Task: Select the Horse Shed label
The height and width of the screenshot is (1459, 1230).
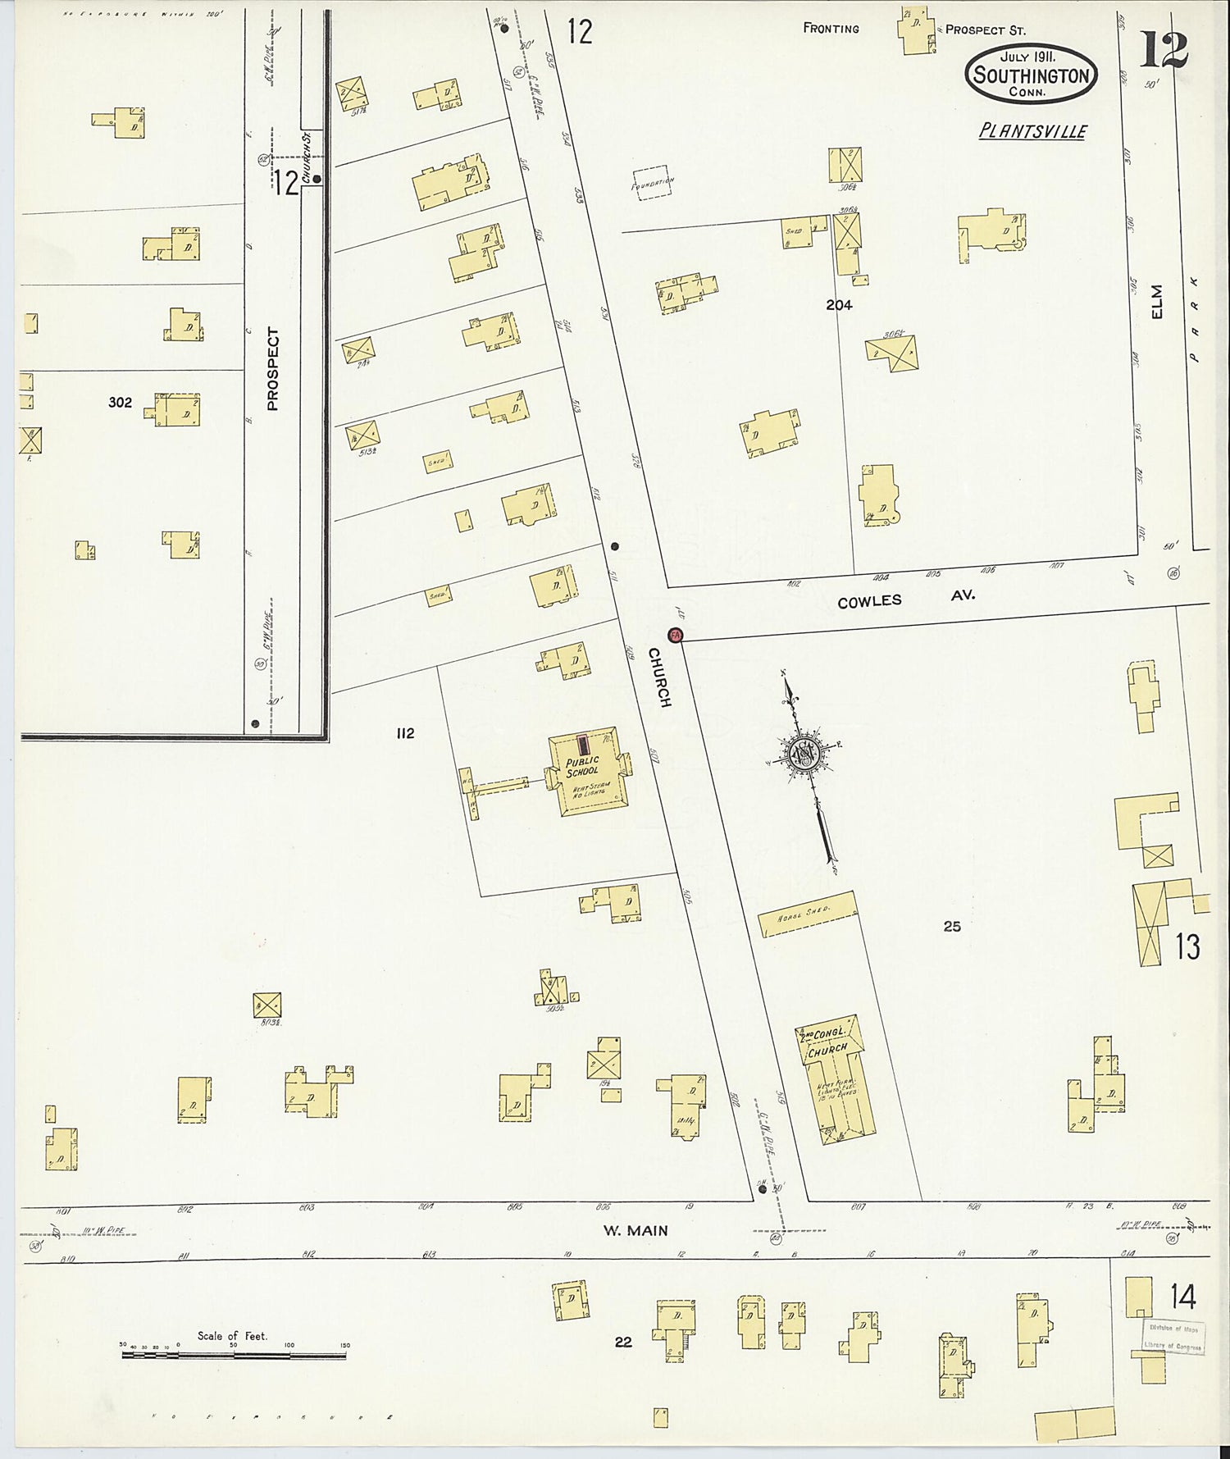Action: pos(808,914)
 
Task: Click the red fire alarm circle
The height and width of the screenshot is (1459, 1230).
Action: pos(675,634)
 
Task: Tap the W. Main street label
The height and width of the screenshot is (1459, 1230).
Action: pos(635,1230)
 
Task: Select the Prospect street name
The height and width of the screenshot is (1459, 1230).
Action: pos(273,369)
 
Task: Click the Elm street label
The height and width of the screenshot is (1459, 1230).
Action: pos(1157,301)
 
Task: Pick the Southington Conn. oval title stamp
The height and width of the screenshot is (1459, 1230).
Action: pos(1031,75)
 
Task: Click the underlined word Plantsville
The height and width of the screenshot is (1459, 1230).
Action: pos(1032,131)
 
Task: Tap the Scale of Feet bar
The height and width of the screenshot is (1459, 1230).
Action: pos(234,1354)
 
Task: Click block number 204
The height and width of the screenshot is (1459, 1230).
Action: pos(839,305)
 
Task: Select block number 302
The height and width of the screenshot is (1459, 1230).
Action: pos(120,402)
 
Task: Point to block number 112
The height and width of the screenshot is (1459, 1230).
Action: pos(405,733)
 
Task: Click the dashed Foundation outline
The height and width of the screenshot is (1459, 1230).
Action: pos(652,183)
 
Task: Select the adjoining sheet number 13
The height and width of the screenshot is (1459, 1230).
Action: pos(1187,946)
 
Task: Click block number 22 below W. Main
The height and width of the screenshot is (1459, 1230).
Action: pos(623,1342)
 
